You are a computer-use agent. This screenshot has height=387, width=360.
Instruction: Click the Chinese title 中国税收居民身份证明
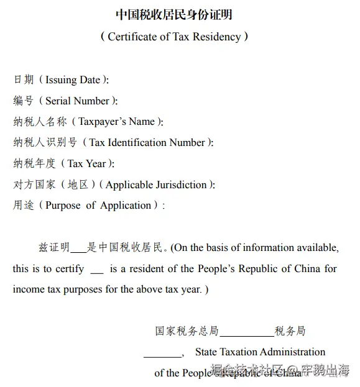(174, 15)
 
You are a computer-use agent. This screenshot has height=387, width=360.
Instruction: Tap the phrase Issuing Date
(73, 80)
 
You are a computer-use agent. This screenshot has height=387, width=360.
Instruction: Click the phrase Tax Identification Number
(147, 142)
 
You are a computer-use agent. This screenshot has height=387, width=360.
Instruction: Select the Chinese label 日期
(24, 80)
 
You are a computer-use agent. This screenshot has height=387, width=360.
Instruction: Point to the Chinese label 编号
(24, 101)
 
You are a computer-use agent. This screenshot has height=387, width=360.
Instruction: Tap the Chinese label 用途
(24, 205)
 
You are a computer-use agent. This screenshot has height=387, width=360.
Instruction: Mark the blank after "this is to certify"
(97, 270)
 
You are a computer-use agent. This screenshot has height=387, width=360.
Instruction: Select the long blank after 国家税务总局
(246, 332)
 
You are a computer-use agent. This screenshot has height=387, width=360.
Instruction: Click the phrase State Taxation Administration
(260, 352)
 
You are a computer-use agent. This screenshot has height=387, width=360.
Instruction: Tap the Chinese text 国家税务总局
(187, 331)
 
